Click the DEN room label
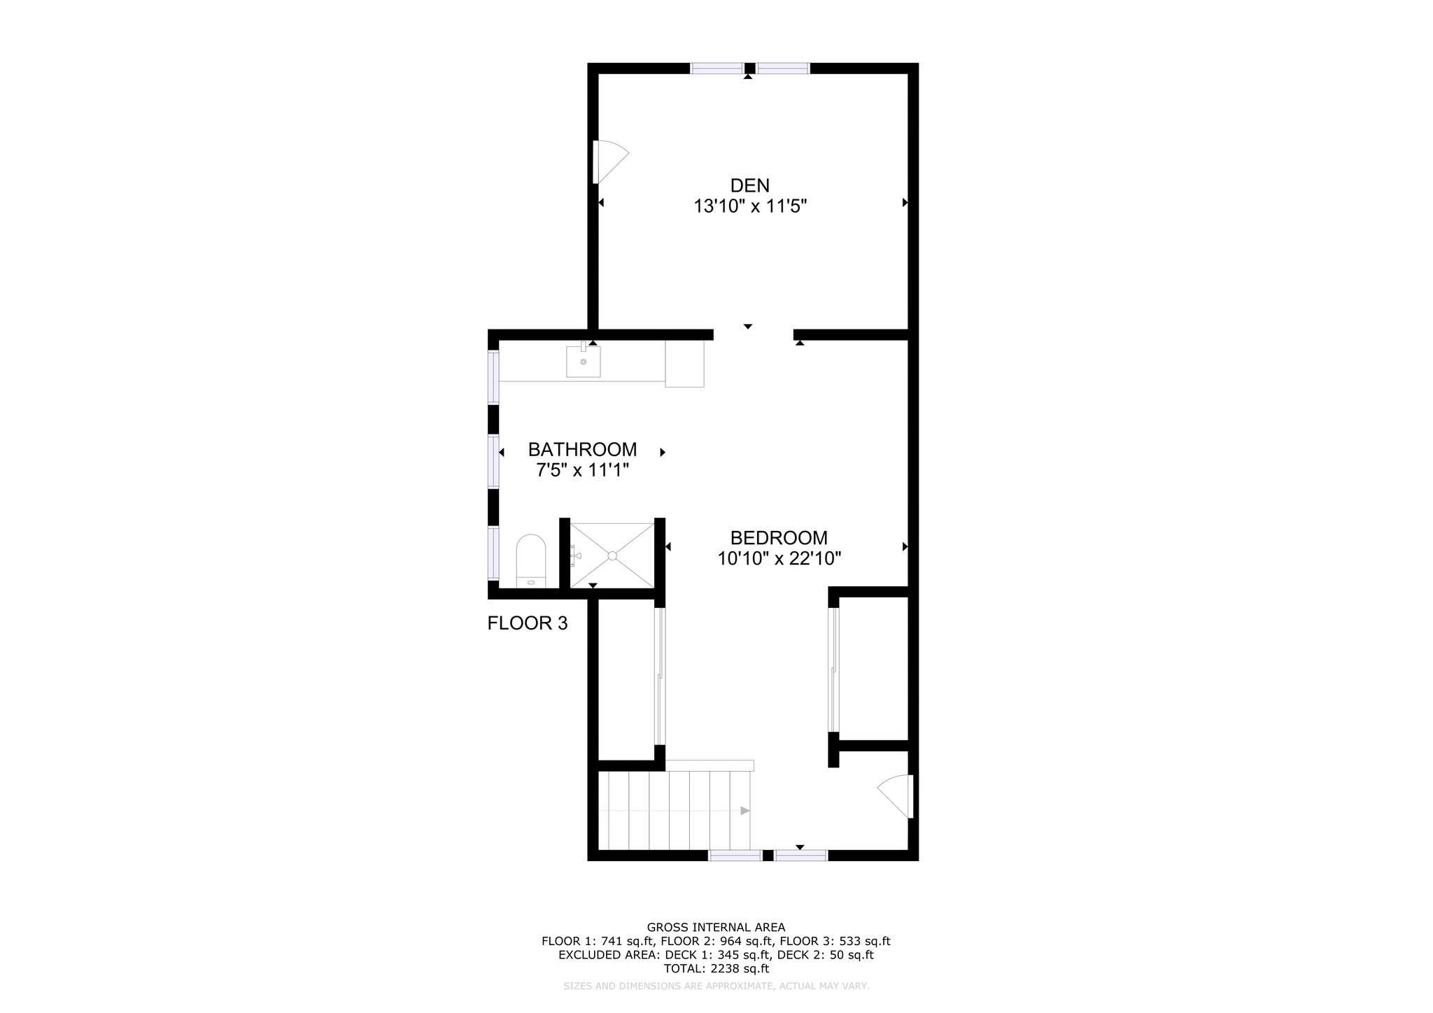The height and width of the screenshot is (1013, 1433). pyautogui.click(x=749, y=185)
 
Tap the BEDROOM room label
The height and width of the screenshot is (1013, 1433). pyautogui.click(x=779, y=538)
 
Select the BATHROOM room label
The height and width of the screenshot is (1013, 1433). pyautogui.click(x=582, y=449)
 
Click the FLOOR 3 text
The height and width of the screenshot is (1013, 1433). pyautogui.click(x=528, y=623)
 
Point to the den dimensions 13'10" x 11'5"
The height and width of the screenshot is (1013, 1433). pyautogui.click(x=750, y=206)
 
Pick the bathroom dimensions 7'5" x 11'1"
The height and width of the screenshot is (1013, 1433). pyautogui.click(x=583, y=470)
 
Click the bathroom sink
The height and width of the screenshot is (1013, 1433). pyautogui.click(x=583, y=360)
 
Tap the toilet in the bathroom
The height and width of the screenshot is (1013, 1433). pyautogui.click(x=530, y=561)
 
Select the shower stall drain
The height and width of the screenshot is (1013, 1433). pyautogui.click(x=612, y=555)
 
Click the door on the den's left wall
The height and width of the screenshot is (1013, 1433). pyautogui.click(x=609, y=162)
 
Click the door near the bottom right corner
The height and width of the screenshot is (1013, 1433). pyautogui.click(x=896, y=796)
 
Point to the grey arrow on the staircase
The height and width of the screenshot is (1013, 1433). pyautogui.click(x=745, y=811)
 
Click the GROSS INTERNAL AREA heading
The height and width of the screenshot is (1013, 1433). pyautogui.click(x=716, y=928)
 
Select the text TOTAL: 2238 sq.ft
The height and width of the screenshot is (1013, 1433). pyautogui.click(x=716, y=969)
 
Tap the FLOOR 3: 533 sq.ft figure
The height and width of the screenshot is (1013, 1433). pyautogui.click(x=835, y=942)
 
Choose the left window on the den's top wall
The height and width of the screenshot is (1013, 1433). pyautogui.click(x=716, y=68)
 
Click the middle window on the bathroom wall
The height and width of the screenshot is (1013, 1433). pyautogui.click(x=493, y=461)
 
